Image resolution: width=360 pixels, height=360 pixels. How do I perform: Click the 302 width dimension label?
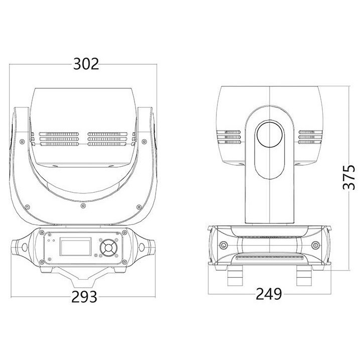click(86, 64)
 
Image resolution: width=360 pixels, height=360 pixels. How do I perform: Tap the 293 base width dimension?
click(84, 297)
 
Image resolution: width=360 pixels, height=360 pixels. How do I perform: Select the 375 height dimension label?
click(348, 177)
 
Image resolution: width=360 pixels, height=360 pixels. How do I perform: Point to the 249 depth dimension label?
click(269, 294)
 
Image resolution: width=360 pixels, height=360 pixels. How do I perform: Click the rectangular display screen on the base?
click(75, 247)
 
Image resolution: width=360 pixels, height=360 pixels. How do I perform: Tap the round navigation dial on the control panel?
click(108, 248)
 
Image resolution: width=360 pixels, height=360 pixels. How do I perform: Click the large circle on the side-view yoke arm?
click(269, 134)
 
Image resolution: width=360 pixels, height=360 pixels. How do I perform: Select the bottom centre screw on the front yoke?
click(83, 205)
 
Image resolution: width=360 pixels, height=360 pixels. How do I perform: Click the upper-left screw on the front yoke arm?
click(22, 142)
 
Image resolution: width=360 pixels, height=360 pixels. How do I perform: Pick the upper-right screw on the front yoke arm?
click(144, 142)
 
